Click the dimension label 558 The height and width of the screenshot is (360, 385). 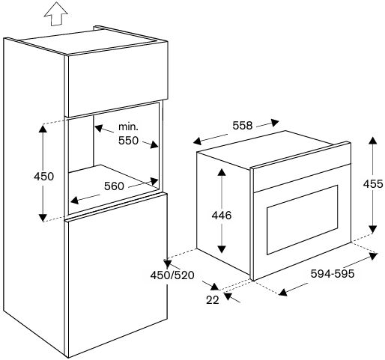[243, 126]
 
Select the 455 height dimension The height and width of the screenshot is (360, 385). [373, 184]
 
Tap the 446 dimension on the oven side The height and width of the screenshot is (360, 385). [222, 216]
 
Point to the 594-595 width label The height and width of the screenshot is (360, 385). [333, 274]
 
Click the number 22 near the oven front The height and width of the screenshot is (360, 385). [213, 300]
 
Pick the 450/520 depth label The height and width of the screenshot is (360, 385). [172, 275]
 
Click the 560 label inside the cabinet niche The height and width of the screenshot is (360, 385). [114, 186]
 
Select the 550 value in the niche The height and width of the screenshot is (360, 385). [128, 141]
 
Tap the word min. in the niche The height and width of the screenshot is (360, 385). [128, 126]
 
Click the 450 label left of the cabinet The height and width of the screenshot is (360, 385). [43, 177]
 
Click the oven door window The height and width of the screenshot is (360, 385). [303, 220]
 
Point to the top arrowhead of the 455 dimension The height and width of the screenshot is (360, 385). [373, 141]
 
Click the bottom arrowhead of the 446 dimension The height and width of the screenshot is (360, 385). [222, 249]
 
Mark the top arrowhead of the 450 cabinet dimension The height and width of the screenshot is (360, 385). [43, 129]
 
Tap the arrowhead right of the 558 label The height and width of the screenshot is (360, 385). [275, 122]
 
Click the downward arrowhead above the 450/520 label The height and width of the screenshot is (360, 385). [168, 264]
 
